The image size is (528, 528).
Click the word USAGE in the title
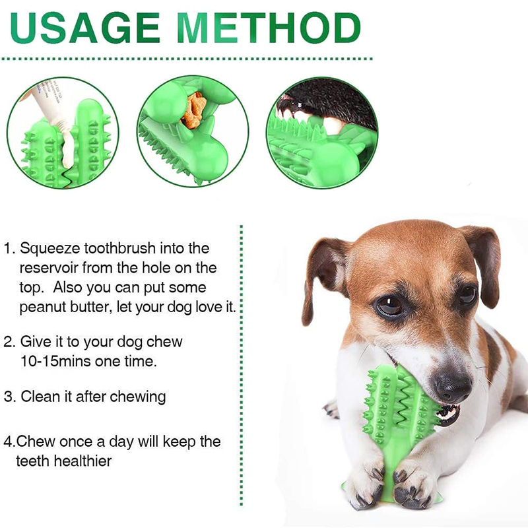click(x=85, y=28)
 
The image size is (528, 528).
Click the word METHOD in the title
click(x=269, y=28)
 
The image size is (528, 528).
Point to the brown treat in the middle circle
click(x=193, y=110)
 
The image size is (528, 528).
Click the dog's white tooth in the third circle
click(x=333, y=124)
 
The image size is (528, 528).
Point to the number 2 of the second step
click(x=9, y=342)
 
